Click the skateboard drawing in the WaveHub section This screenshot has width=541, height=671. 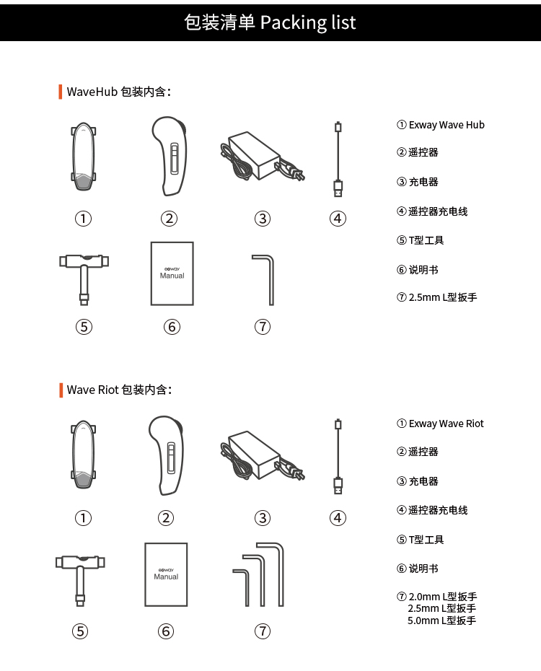[x=84, y=157]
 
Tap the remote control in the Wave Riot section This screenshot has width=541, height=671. [x=167, y=455]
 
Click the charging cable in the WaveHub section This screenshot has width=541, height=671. [x=338, y=159]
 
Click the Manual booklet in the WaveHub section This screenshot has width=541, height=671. [x=172, y=273]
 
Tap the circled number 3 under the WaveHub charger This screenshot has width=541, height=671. [x=263, y=219]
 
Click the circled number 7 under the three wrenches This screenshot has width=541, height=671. [x=263, y=631]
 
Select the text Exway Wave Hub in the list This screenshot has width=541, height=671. [x=447, y=125]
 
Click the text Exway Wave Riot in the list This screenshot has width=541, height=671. [x=446, y=424]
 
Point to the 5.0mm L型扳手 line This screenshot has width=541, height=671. [x=441, y=620]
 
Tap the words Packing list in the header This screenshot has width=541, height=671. [x=308, y=22]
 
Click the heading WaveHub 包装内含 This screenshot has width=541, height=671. [x=118, y=92]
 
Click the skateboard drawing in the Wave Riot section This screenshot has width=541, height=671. [x=84, y=456]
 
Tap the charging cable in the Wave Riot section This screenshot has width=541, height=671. [x=338, y=456]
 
